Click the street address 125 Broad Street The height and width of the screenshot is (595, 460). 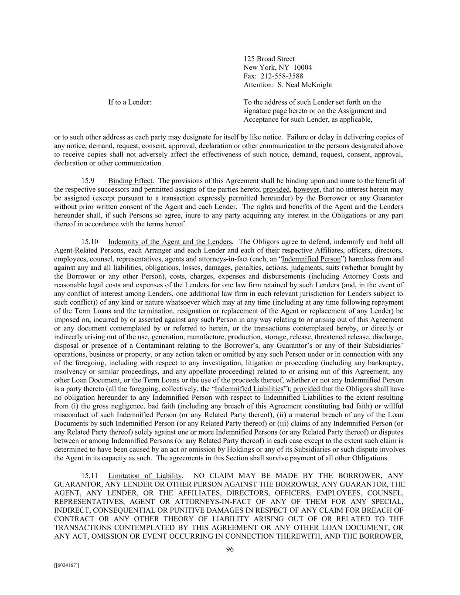click(269, 59)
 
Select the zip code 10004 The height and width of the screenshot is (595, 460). click(303, 68)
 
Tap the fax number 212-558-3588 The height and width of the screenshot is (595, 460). click(284, 76)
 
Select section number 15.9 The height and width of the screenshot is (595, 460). click(88, 181)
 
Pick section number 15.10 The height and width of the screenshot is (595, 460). click(90, 242)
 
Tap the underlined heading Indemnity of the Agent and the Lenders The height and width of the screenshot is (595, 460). click(170, 242)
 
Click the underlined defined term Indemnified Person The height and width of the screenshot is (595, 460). click(311, 259)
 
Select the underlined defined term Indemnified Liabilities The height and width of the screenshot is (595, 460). click(249, 389)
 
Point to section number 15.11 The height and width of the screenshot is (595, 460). click(90, 476)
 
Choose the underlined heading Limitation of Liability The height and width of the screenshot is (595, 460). click(145, 476)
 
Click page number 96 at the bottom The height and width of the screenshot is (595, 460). click(230, 549)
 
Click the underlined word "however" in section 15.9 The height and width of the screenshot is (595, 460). click(307, 190)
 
